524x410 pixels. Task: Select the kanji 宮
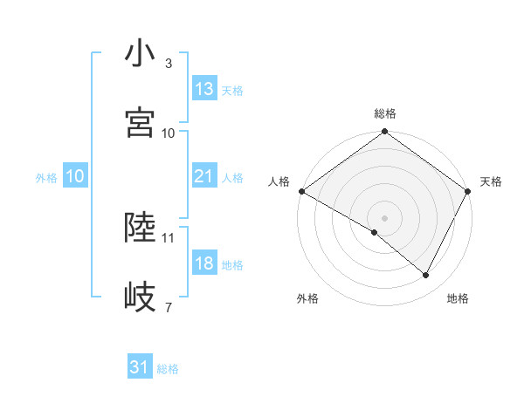pos(141,122)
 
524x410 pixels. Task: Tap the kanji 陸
pos(141,229)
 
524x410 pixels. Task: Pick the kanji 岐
pos(141,297)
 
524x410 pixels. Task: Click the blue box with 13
pos(204,89)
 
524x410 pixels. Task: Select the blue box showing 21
pos(204,176)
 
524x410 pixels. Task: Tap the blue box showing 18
pos(204,263)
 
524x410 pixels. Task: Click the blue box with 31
pos(140,367)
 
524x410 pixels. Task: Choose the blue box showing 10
pos(75,176)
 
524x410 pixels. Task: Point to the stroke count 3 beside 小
pos(169,64)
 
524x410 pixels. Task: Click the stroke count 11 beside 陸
pos(169,237)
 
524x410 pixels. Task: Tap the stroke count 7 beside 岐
pos(169,307)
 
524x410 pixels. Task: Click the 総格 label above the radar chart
pos(385,113)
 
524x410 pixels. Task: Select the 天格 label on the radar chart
pos(492,181)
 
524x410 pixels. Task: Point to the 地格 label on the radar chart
pos(458,298)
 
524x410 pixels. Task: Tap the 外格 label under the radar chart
pos(307,298)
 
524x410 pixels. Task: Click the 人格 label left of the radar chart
pos(278,181)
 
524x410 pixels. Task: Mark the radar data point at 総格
pos(385,133)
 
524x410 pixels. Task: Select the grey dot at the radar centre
pos(385,217)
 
